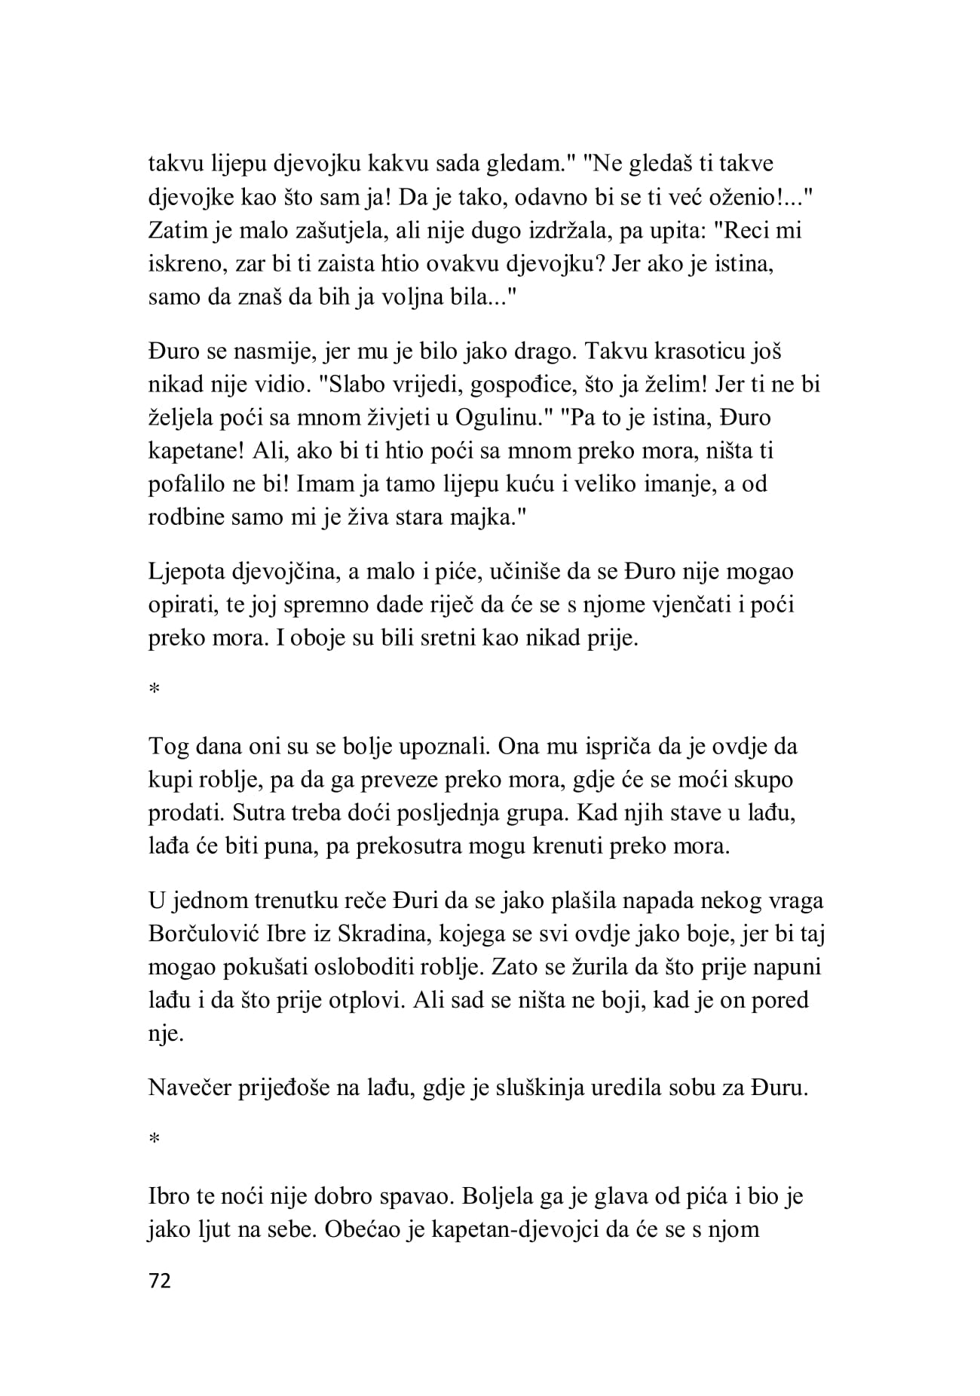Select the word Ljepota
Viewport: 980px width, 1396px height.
(188, 572)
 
